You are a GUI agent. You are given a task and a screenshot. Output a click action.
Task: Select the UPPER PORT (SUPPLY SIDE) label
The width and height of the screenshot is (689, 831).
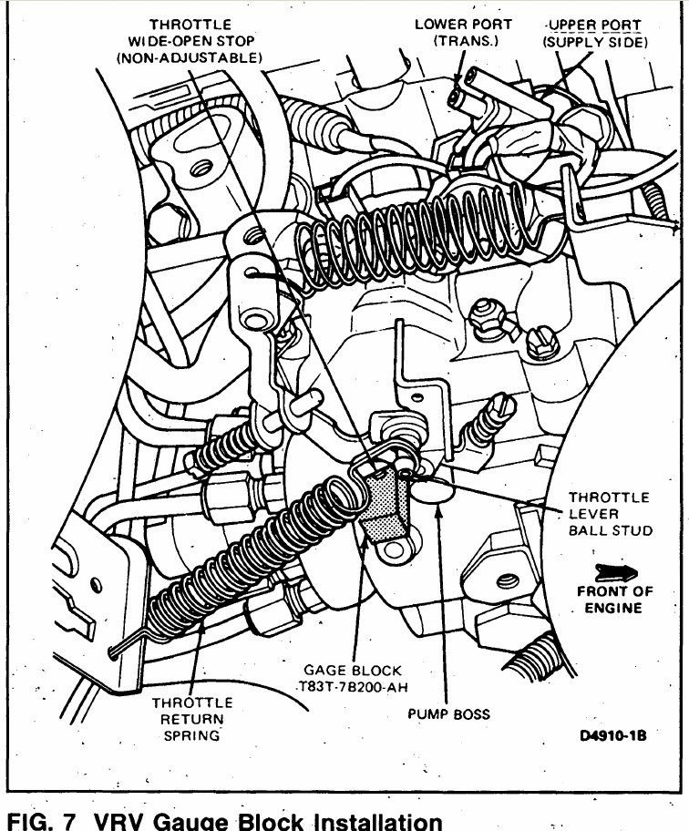[x=594, y=32]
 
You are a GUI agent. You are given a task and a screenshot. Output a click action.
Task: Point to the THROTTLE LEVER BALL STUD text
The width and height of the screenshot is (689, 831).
[x=609, y=514]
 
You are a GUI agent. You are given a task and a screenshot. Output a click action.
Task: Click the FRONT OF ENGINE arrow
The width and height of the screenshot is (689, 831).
[x=616, y=572]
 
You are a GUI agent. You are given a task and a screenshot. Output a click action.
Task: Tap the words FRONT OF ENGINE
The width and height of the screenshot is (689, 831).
[x=615, y=600]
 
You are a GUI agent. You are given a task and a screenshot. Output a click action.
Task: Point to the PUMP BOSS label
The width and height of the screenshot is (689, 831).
[x=447, y=713]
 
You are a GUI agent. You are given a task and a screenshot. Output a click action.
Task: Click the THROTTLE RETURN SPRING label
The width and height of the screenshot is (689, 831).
[x=192, y=718]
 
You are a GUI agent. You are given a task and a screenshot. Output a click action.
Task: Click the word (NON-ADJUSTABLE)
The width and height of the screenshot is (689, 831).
[x=190, y=56]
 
